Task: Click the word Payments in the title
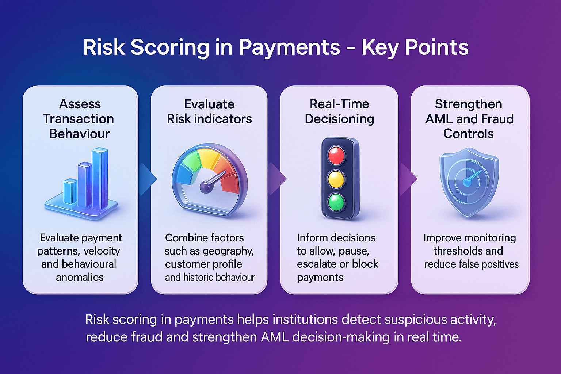click(289, 47)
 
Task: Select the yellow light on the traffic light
click(336, 179)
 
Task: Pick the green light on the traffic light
click(336, 202)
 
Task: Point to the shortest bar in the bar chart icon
click(70, 191)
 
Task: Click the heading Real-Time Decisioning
click(339, 111)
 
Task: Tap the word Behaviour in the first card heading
click(80, 134)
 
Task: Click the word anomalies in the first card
click(80, 278)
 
